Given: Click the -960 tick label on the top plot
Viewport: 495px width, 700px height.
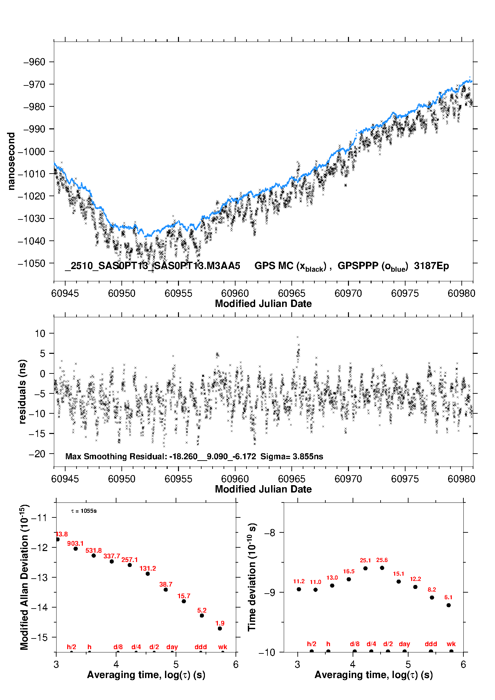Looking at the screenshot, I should pos(34,62).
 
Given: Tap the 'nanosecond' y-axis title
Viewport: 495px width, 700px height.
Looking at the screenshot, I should pos(11,161).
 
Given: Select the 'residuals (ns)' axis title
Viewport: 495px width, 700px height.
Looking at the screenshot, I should pos(22,392).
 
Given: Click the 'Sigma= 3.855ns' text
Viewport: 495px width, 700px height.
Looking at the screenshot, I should pos(291,457).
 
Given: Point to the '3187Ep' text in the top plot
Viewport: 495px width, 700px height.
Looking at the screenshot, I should pos(431,266).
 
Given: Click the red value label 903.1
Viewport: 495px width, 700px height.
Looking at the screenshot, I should pos(75,544).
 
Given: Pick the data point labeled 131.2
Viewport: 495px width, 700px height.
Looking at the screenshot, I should pos(148,574).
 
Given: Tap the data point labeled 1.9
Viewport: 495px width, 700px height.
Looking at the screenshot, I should pos(220,629).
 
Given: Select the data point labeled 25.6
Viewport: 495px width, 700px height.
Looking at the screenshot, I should pos(382,568).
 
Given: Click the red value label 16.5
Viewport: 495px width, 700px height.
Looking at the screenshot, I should pos(349,571).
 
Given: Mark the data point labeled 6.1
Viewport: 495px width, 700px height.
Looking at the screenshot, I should pos(448,605).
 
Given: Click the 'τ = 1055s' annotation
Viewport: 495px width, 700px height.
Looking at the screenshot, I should pos(84,511).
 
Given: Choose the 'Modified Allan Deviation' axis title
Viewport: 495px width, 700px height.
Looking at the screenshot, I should pos(24,577).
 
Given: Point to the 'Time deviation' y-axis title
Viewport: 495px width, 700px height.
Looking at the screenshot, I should pos(252,577).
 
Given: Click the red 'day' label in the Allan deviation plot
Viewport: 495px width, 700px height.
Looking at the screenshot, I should pos(172,647).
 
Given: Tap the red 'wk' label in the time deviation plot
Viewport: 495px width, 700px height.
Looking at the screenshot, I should pos(451,644).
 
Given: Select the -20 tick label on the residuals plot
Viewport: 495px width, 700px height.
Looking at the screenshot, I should pos(37,454).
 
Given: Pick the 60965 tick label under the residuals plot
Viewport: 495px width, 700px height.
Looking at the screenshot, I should pos(292,479).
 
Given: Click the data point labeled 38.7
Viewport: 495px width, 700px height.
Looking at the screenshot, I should pos(166,590).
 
